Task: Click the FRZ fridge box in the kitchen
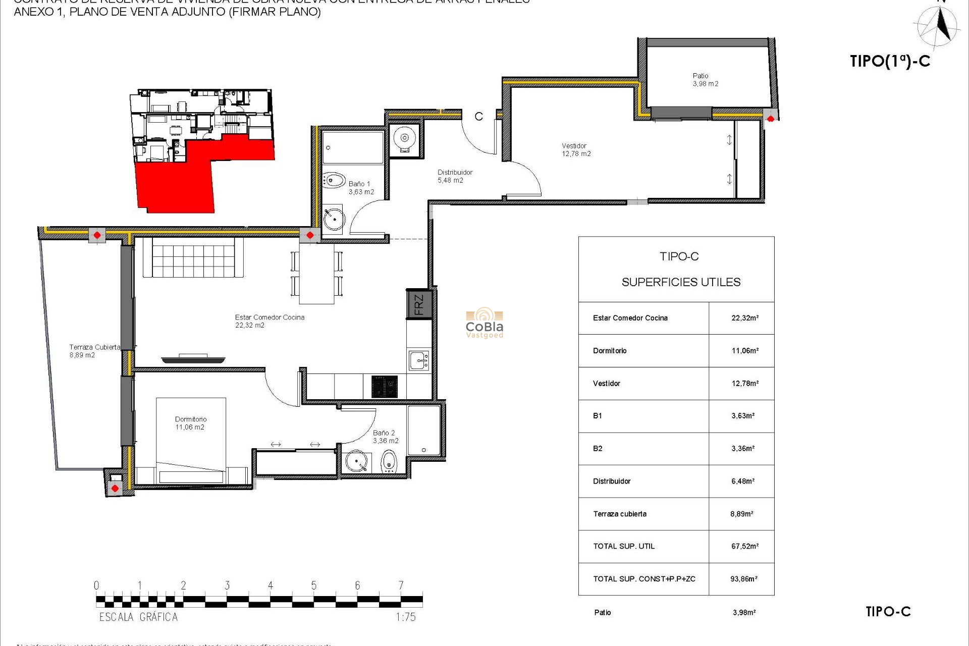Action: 419,304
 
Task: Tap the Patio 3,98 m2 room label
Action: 705,80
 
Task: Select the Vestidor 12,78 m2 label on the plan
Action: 576,150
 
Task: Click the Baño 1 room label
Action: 361,188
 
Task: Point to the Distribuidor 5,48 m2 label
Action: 454,176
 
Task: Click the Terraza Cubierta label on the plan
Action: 94,351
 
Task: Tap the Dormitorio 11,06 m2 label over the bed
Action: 190,423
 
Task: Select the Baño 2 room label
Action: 385,437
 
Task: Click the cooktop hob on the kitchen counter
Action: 384,387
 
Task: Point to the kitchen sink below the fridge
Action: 419,361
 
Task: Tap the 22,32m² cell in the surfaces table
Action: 744,318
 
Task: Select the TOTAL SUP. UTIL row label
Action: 624,546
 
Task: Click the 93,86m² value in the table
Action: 743,579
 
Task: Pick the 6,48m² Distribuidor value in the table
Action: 742,481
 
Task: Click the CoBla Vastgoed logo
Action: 484,323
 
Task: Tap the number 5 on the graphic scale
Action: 314,585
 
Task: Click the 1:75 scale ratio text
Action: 405,617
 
